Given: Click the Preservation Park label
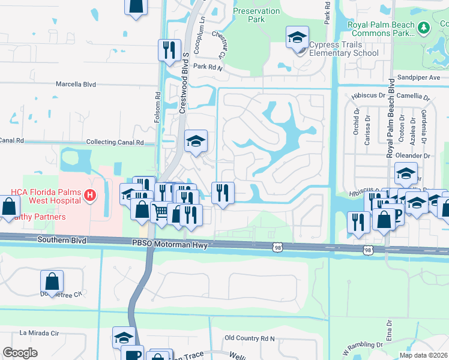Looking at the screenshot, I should [x=256, y=15].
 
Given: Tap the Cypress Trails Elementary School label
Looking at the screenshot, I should [x=343, y=49].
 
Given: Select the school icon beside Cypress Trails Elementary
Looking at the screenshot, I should [x=297, y=38].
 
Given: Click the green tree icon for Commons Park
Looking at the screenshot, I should [x=424, y=27].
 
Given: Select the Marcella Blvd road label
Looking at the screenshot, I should [x=76, y=85].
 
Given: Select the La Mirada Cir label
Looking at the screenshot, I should [x=41, y=332].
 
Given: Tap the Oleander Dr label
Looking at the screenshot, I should [x=418, y=155].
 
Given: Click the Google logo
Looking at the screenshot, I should [x=20, y=353].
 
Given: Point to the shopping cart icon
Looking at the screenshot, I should [x=160, y=212].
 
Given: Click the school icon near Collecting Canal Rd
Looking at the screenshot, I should [x=196, y=142].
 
